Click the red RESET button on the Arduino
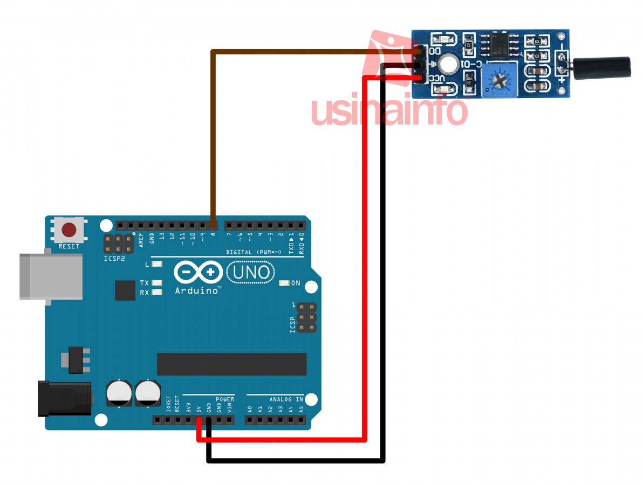69,230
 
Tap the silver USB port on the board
51,276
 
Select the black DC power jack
64,398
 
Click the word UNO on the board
251,272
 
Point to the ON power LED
283,283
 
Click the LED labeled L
157,264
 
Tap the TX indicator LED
157,282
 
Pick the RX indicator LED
157,292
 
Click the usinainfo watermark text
388,110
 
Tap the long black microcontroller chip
231,364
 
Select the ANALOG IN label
286,399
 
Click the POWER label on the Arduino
225,399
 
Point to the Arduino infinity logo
198,272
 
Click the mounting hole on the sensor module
448,64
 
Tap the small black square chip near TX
125,290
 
